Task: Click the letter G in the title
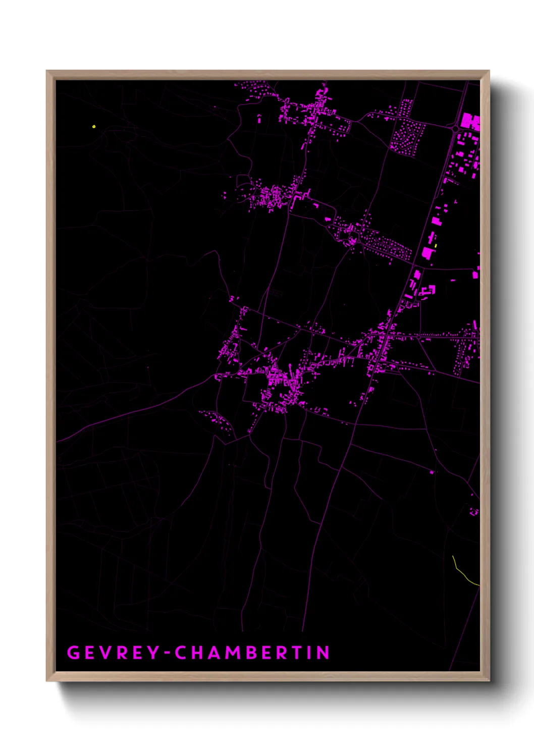coord(73,653)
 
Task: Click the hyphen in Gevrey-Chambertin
coord(167,653)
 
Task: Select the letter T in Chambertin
coord(295,653)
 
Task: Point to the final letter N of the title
coord(323,653)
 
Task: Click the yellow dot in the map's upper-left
coord(94,126)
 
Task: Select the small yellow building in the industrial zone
coord(436,246)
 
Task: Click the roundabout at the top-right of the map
coord(456,129)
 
